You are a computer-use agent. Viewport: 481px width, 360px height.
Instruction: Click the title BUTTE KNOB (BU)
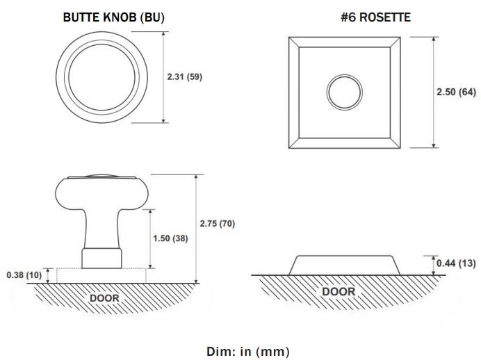pyautogui.click(x=114, y=17)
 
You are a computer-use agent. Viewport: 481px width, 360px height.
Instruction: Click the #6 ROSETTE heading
pyautogui.click(x=376, y=17)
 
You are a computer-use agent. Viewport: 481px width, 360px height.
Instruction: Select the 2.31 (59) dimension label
pyautogui.click(x=185, y=76)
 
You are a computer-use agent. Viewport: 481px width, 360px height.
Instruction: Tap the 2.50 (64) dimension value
pyautogui.click(x=456, y=92)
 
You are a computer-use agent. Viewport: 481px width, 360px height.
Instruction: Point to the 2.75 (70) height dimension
pyautogui.click(x=218, y=224)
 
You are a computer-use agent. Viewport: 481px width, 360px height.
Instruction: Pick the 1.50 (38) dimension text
pyautogui.click(x=170, y=238)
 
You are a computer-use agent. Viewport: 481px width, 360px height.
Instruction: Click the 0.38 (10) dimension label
pyautogui.click(x=24, y=275)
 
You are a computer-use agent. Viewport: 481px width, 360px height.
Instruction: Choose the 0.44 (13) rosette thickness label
pyautogui.click(x=456, y=263)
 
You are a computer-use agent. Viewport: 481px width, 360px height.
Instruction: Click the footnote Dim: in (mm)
pyautogui.click(x=248, y=352)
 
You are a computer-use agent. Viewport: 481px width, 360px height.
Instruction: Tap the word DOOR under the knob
pyautogui.click(x=104, y=298)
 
